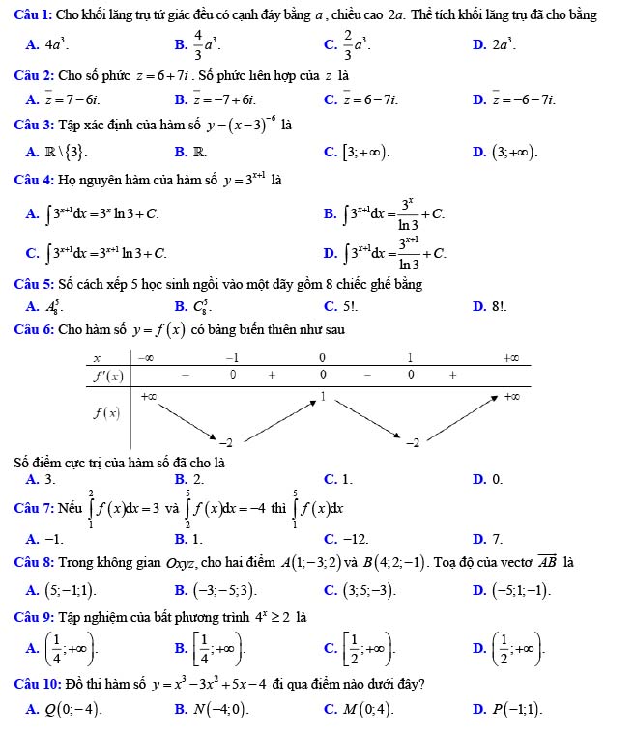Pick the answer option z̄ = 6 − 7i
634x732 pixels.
click(x=372, y=99)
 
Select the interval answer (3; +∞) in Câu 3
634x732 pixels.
click(x=514, y=153)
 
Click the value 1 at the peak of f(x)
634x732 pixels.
click(x=323, y=397)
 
